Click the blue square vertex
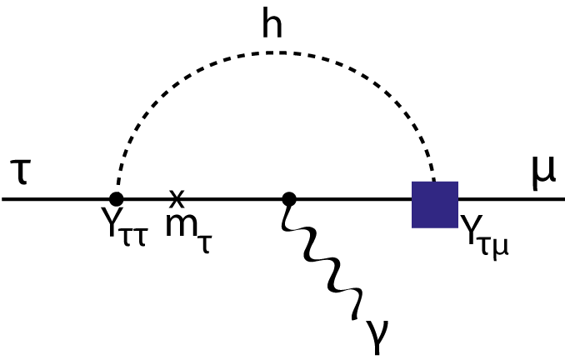(x=435, y=204)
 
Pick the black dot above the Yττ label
(x=117, y=199)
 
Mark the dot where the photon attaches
(x=289, y=199)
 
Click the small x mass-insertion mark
(x=176, y=197)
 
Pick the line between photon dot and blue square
(x=350, y=200)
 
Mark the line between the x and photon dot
(x=233, y=200)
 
